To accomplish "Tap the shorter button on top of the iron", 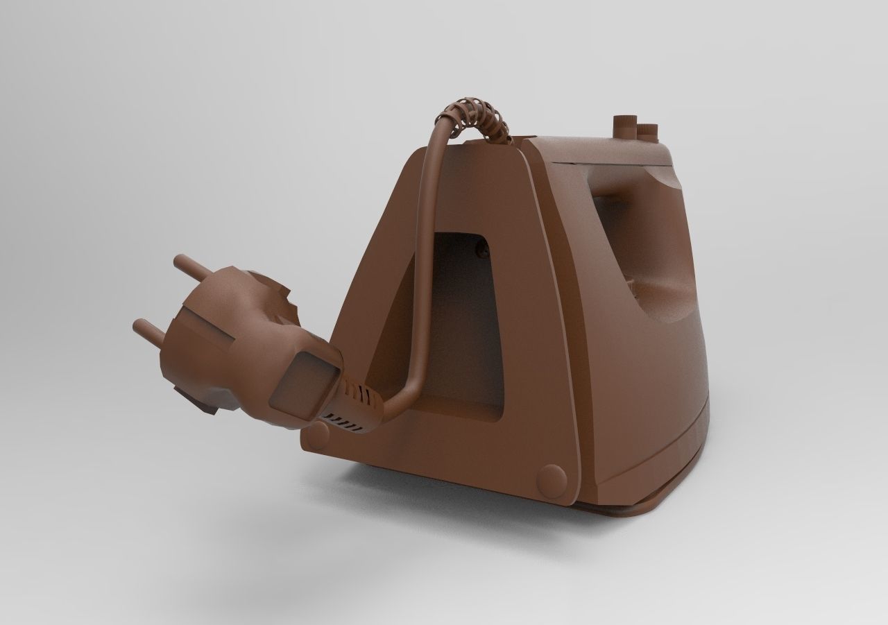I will (647, 130).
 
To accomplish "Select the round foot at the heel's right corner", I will (552, 479).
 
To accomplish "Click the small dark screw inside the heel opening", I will (479, 243).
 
